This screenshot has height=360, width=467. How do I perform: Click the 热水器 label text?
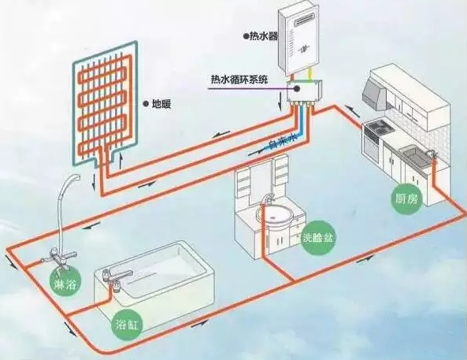coord(263,36)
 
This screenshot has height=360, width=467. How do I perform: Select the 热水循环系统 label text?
coord(239,80)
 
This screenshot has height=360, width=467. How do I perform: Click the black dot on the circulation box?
coord(296,88)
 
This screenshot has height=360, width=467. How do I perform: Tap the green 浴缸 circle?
coord(127,325)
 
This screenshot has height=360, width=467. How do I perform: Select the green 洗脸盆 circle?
coord(318,237)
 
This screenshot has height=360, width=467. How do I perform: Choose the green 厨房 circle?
coord(407,199)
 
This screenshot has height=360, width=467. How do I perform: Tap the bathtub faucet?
coord(117,277)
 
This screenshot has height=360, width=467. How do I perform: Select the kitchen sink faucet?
coord(431,153)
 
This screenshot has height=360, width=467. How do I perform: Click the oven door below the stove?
coord(372,147)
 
